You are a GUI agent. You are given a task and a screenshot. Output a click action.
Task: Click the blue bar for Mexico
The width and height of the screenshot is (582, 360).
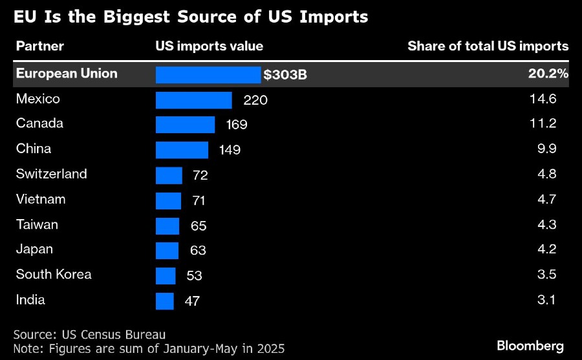[193, 100]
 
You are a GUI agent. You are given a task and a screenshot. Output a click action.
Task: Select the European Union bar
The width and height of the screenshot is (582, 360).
[208, 75]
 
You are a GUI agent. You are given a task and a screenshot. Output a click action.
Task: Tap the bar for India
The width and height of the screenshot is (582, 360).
[165, 301]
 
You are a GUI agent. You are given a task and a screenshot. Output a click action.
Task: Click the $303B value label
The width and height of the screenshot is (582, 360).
[285, 75]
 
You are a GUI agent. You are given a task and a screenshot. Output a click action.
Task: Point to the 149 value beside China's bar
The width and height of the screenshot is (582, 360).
[229, 150]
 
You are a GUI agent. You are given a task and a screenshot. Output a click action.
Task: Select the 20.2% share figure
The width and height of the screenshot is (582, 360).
[548, 74]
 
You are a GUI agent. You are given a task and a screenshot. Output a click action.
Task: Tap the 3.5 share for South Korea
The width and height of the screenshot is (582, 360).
[546, 275]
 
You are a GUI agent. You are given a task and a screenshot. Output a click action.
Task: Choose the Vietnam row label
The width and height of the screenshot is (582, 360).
[41, 199]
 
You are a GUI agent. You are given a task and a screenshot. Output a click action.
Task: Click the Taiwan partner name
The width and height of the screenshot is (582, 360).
[37, 224]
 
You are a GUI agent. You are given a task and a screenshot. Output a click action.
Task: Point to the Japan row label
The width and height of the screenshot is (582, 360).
[34, 249]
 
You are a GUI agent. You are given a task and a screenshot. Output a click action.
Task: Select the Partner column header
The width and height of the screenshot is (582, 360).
[39, 46]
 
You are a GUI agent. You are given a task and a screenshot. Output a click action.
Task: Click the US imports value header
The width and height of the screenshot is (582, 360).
[210, 46]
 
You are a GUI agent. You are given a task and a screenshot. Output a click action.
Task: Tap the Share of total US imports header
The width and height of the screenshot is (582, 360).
[488, 46]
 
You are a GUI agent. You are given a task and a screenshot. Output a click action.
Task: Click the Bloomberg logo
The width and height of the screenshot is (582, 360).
[530, 346]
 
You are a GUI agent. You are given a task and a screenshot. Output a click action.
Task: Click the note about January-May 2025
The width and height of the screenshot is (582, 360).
[149, 349]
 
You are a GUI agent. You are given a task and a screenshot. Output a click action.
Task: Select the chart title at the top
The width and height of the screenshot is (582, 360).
[191, 17]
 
